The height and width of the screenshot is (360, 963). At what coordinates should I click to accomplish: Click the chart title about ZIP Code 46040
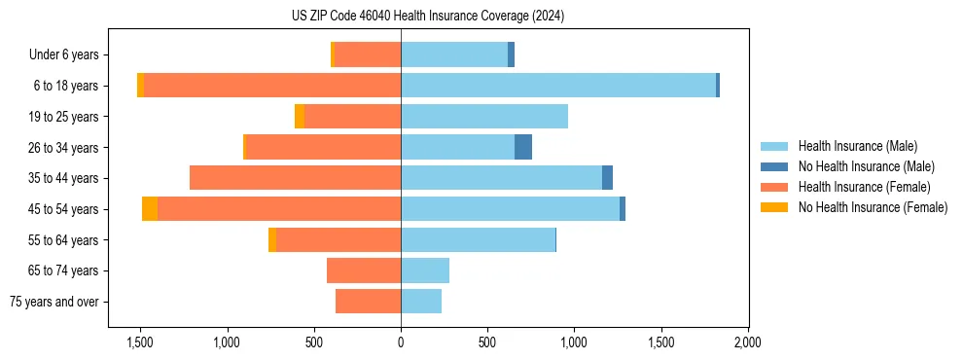pos(427,16)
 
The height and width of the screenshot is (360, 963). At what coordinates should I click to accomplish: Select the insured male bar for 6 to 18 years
pos(558,86)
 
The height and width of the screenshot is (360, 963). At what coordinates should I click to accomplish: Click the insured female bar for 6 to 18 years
pos(272,86)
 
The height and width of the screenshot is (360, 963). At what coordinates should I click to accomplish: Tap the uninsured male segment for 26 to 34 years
pos(523,147)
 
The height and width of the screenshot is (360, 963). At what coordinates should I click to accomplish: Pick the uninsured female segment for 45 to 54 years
pos(150,208)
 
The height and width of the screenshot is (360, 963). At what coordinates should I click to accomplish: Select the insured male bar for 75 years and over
pos(421,302)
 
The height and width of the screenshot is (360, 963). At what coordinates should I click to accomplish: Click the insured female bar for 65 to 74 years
pos(364,270)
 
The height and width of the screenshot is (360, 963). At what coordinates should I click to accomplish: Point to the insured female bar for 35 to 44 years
pos(295,178)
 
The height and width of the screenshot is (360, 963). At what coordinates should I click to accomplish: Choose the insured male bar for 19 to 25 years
pos(484,117)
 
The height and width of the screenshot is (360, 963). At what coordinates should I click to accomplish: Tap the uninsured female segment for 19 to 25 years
pos(300,117)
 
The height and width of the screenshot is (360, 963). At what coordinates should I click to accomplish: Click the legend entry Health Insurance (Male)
pos(857,146)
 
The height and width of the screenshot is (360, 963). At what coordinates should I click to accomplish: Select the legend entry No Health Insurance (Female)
pos(873,207)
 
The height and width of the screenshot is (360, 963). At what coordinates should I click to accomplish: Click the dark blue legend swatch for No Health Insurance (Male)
pos(775,166)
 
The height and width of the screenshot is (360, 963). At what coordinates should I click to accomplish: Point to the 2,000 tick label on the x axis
pos(747,342)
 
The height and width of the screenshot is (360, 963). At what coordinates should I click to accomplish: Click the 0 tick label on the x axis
pos(401,342)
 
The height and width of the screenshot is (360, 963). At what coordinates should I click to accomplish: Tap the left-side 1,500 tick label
pos(140,342)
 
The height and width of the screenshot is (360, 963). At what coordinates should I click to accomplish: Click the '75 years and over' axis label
pos(54,302)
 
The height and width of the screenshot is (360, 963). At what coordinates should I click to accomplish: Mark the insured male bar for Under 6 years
pos(454,55)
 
